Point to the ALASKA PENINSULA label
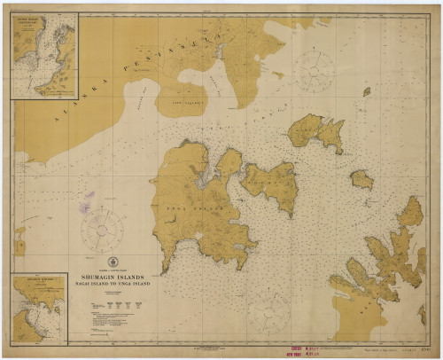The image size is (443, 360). point(133,71)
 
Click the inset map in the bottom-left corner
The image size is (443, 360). point(42,306)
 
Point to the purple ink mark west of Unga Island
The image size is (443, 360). point(87,207)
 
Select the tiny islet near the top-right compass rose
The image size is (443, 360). point(366,90)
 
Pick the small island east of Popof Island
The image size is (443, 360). point(361,179)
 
